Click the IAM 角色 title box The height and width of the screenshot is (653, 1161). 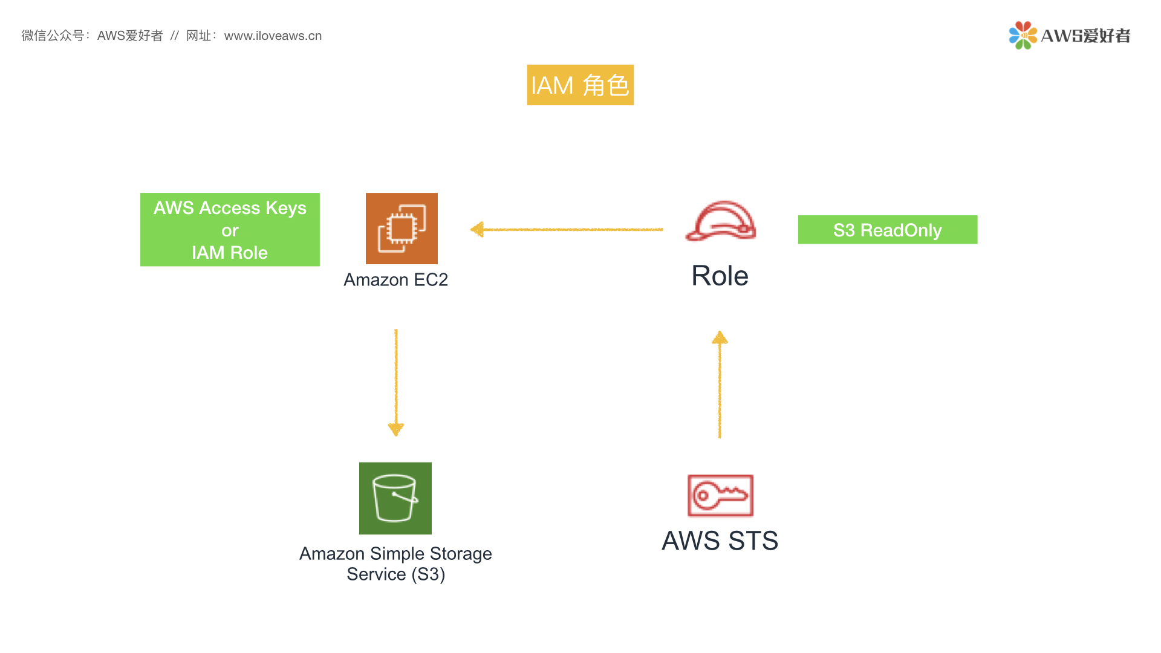[x=580, y=85]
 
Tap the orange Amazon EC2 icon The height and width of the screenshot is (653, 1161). [x=402, y=229]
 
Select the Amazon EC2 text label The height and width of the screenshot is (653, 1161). [x=395, y=280]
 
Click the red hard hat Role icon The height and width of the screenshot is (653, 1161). [x=720, y=221]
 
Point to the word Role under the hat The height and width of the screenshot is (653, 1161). [x=720, y=276]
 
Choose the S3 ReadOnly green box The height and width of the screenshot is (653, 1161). [x=887, y=230]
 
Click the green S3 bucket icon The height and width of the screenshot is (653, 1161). [x=395, y=498]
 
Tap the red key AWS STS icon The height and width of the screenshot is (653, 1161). [x=720, y=495]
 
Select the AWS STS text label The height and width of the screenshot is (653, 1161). [x=720, y=541]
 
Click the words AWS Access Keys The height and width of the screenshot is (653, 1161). [x=230, y=208]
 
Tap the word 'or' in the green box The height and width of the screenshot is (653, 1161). [x=230, y=230]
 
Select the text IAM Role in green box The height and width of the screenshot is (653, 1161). [x=230, y=253]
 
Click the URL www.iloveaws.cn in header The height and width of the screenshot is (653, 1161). [x=273, y=36]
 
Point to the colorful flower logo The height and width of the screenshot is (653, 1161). [x=1023, y=35]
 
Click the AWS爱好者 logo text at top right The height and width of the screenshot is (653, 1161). [x=1085, y=36]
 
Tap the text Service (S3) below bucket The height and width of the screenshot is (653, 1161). [x=395, y=574]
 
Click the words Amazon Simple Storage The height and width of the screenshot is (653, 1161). [x=395, y=554]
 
